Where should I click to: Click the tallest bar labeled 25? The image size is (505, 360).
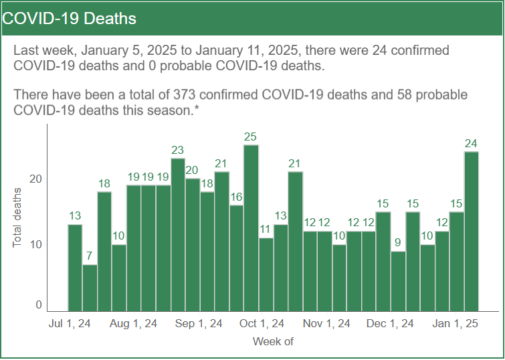point(251,228)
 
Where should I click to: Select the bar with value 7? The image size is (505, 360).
point(90,288)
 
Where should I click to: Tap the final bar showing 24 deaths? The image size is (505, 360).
point(471,231)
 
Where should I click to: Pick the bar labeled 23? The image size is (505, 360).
point(178,234)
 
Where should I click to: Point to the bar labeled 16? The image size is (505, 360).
point(236,258)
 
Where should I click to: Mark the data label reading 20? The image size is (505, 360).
point(193,170)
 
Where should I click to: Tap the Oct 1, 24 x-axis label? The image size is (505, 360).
point(262,324)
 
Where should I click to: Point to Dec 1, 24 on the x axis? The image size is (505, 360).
point(391,324)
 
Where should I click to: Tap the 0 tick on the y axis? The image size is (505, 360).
point(38,305)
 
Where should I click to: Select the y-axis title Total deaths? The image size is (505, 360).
point(18,217)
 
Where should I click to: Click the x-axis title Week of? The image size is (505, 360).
point(273,342)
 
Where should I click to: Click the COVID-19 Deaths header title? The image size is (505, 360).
point(70,18)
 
